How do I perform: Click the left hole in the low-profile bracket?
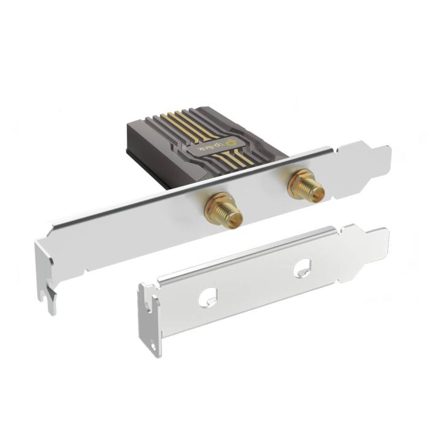click(206, 298)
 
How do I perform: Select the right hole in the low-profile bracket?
click(302, 268)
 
